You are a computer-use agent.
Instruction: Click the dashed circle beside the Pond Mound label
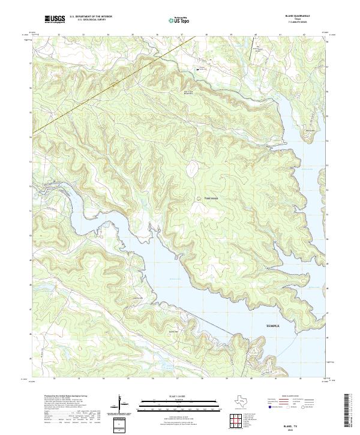197,197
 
